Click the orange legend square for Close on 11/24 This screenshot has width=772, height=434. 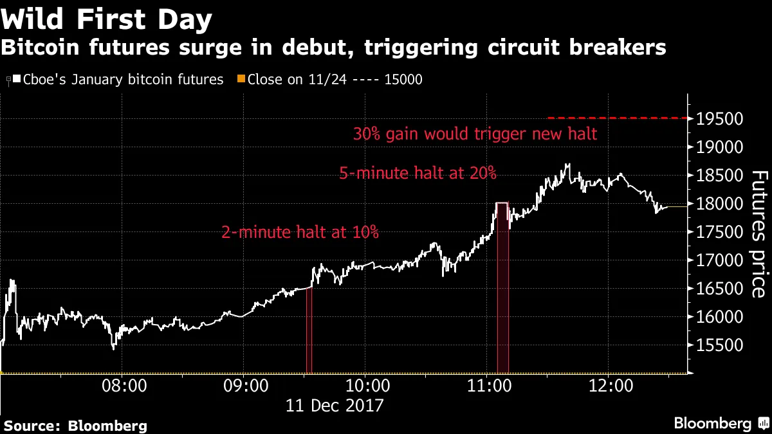tap(243, 80)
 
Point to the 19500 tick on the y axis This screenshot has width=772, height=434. tap(716, 119)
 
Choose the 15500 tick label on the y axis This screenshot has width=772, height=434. tap(716, 346)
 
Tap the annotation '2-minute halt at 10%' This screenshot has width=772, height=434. tap(300, 232)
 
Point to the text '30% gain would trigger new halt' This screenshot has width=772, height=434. tap(475, 134)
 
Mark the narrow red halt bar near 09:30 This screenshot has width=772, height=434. tap(309, 331)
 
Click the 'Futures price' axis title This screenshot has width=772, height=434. tap(760, 234)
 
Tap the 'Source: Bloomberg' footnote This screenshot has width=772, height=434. tap(76, 425)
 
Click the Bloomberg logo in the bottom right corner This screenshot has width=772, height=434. tap(720, 423)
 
